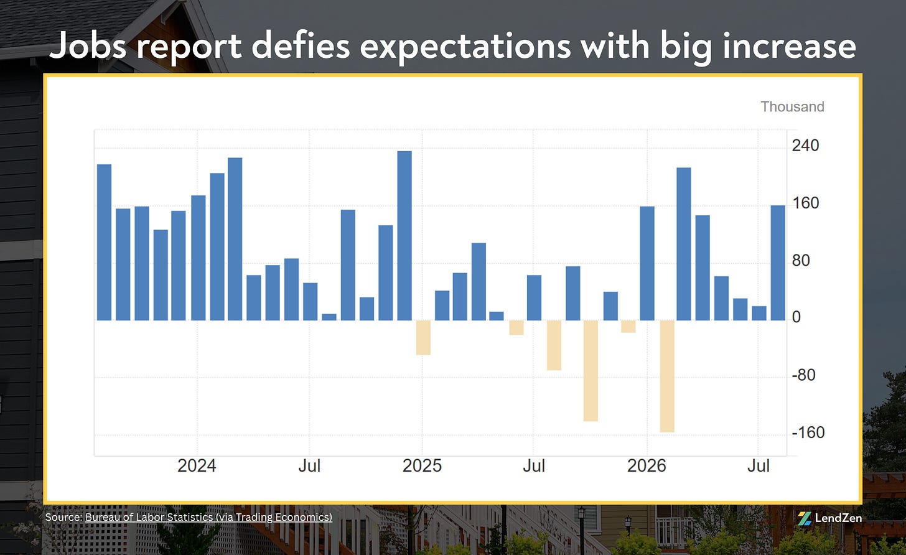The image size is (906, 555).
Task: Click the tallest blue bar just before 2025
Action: [x=404, y=236]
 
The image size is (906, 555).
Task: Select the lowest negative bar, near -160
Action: [x=667, y=376]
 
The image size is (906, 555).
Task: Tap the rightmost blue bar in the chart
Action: [x=778, y=263]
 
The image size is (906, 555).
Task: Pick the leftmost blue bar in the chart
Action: [x=104, y=242]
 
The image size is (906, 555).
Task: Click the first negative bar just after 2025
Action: [x=423, y=337]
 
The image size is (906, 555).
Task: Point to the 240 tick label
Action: [x=805, y=145]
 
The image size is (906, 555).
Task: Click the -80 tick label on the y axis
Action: [x=803, y=375]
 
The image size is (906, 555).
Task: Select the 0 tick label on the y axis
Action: [x=796, y=317]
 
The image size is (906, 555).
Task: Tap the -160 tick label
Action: [x=808, y=432]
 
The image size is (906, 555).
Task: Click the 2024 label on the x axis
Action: [x=197, y=465]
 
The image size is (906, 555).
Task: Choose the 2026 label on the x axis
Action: [x=647, y=465]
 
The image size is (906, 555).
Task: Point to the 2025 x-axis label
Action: [x=422, y=465]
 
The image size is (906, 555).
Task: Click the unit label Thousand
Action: [x=792, y=106]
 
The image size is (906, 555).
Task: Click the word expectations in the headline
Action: [x=465, y=47]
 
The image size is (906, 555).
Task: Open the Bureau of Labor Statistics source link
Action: [x=208, y=517]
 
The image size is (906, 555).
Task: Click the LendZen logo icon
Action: [x=805, y=518]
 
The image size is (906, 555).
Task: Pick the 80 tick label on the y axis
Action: [x=801, y=260]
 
